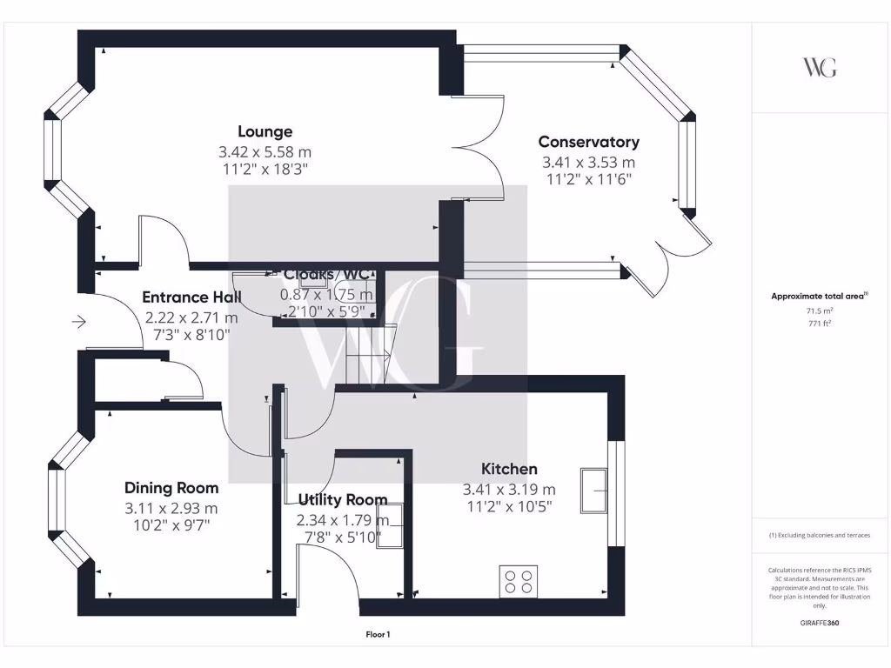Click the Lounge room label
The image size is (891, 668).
click(x=265, y=132)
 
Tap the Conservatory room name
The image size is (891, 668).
click(x=588, y=142)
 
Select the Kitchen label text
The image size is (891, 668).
click(x=509, y=470)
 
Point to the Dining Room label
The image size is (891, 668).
click(x=171, y=488)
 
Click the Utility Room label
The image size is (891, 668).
click(x=342, y=500)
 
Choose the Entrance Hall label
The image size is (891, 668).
click(x=191, y=297)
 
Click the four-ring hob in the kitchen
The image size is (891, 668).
click(x=519, y=580)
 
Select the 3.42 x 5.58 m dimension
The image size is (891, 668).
click(x=265, y=152)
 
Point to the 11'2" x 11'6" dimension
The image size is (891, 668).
click(x=588, y=180)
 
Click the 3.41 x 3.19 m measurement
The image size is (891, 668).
click(x=509, y=490)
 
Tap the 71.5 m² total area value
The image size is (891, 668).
click(x=819, y=310)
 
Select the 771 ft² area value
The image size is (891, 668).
click(x=819, y=322)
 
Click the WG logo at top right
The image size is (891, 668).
click(x=819, y=68)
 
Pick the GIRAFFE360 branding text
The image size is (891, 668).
click(x=819, y=623)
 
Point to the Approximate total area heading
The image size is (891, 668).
click(x=818, y=297)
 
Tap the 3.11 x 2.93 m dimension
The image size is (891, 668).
click(x=171, y=508)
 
